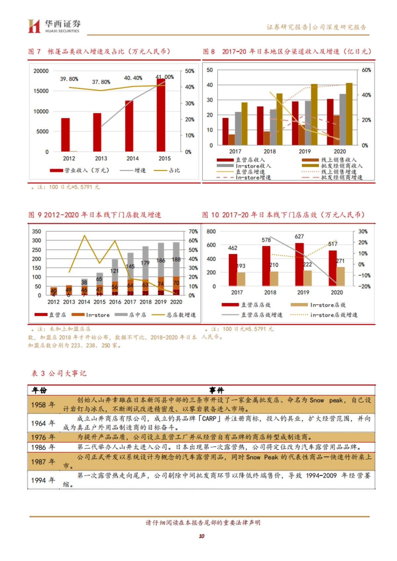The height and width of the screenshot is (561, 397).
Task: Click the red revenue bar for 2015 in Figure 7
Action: (x=161, y=116)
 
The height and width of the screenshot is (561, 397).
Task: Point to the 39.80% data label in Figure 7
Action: (x=69, y=79)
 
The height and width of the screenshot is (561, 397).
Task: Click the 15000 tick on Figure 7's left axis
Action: (x=41, y=91)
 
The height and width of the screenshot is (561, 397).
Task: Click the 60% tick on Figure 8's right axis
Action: (x=366, y=70)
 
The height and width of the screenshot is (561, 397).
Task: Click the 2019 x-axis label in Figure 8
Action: (x=304, y=151)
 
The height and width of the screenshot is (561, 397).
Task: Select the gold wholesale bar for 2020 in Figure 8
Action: (x=349, y=114)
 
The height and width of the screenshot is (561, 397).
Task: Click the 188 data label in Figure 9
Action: (x=176, y=260)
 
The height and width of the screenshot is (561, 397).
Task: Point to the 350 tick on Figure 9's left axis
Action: (x=36, y=232)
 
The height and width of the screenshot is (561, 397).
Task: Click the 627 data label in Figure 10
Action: (x=299, y=237)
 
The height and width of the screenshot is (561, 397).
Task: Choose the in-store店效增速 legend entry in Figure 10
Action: (x=333, y=315)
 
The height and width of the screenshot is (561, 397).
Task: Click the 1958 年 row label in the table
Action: (x=43, y=405)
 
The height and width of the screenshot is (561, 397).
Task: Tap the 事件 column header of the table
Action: (x=217, y=391)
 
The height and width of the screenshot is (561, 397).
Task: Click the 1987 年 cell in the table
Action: (x=43, y=462)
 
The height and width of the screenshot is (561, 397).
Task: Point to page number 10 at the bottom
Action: (x=201, y=536)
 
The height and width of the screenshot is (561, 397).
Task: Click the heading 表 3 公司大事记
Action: (x=59, y=373)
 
